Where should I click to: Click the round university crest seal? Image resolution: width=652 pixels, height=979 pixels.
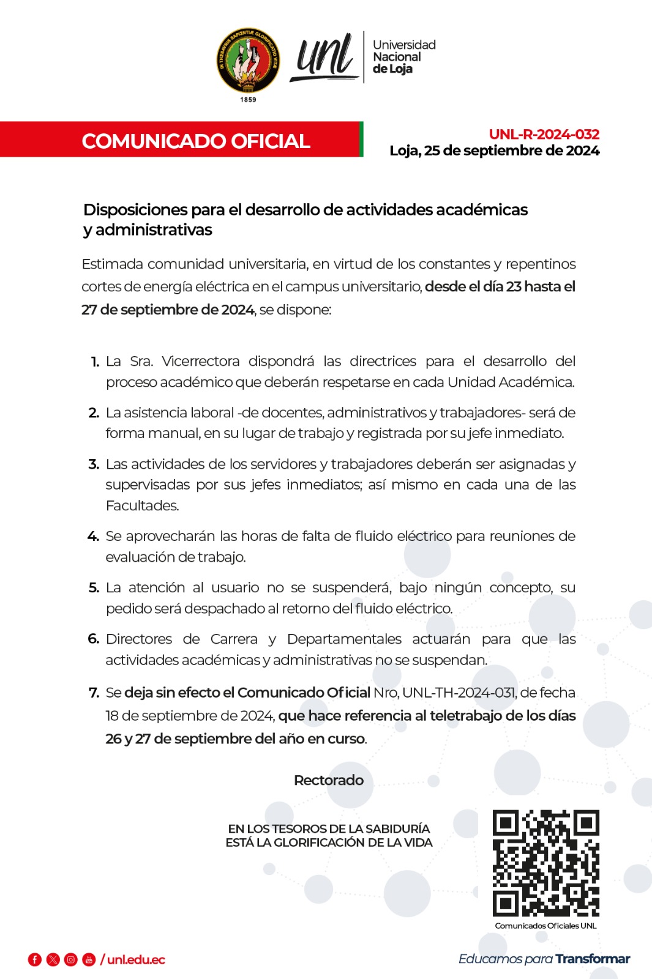click(x=249, y=60)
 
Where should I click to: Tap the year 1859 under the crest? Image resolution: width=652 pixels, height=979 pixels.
click(x=248, y=100)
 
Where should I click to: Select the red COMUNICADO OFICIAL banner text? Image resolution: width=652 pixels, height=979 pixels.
click(x=196, y=141)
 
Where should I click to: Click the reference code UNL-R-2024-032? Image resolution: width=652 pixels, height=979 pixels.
click(x=544, y=134)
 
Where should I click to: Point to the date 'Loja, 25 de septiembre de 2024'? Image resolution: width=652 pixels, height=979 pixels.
click(x=494, y=151)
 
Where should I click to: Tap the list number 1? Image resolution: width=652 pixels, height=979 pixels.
click(x=95, y=362)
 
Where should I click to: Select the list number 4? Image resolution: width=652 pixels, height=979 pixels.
click(x=93, y=537)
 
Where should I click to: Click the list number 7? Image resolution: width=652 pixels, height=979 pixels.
click(x=94, y=693)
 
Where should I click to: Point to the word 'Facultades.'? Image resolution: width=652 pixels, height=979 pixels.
click(x=143, y=505)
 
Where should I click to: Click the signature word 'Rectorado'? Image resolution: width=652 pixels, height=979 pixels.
click(x=329, y=780)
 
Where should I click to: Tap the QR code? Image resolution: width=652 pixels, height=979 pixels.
click(x=545, y=863)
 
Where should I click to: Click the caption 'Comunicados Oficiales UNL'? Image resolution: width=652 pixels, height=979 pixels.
click(x=545, y=926)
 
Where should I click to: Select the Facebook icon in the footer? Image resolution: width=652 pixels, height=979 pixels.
click(x=35, y=959)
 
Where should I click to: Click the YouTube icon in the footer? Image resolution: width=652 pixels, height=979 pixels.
click(x=89, y=959)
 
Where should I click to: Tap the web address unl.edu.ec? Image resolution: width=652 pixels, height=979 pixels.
click(x=136, y=959)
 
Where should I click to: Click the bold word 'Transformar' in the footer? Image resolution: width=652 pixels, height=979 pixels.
click(x=593, y=959)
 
